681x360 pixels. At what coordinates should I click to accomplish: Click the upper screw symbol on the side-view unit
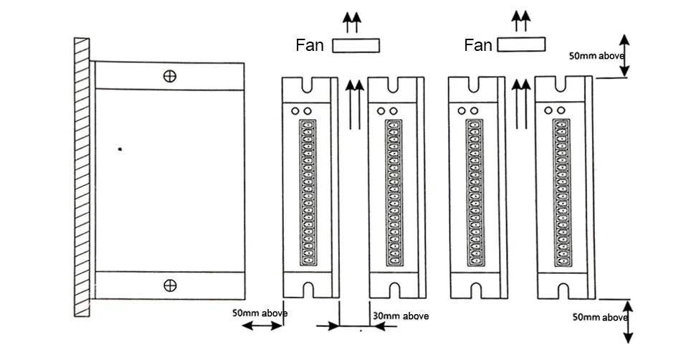[169, 76]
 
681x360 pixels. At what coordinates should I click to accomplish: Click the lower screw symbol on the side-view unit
[170, 285]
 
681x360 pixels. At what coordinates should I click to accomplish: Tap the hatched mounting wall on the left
[82, 177]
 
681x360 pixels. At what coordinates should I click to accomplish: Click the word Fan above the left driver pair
[310, 45]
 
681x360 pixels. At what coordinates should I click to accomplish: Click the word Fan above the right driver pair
[478, 44]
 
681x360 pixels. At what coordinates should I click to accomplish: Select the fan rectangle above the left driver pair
[356, 46]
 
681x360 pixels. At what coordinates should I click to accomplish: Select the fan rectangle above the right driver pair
[521, 44]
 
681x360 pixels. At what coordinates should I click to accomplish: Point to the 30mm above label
[401, 316]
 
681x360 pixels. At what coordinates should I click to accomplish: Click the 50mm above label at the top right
[596, 56]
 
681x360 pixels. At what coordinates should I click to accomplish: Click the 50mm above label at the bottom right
[600, 318]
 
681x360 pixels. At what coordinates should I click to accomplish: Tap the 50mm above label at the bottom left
[259, 313]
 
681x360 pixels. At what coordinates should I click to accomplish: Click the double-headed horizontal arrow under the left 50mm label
[262, 326]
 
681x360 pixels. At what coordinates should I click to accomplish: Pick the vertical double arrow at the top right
[624, 56]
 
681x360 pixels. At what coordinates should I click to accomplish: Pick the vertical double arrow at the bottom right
[628, 322]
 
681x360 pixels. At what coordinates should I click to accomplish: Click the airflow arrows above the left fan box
[352, 22]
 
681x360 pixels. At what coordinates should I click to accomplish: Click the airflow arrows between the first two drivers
[355, 104]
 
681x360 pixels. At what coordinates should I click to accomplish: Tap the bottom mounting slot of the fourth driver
[563, 290]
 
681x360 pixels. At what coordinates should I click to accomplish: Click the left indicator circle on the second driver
[381, 111]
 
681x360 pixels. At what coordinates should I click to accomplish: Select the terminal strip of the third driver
[475, 192]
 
